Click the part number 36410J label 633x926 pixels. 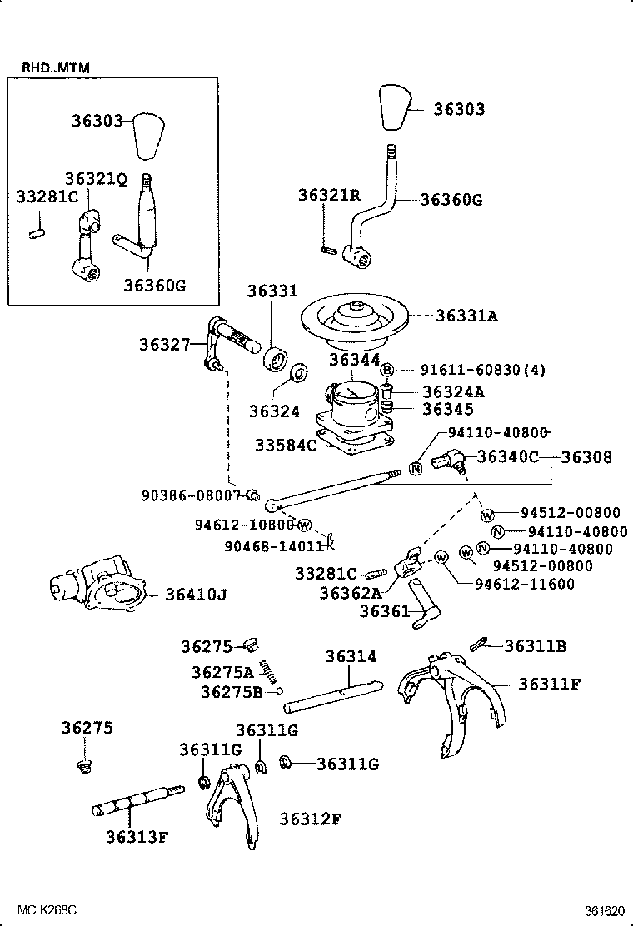pyautogui.click(x=196, y=595)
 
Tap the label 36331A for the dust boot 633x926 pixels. pyautogui.click(x=466, y=316)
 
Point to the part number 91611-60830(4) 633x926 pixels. pyautogui.click(x=471, y=371)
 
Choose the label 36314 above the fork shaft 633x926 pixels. pyautogui.click(x=351, y=656)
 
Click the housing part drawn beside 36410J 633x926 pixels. pyautogui.click(x=97, y=590)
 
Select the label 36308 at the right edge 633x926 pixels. pyautogui.click(x=586, y=457)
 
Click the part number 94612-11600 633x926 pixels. pyautogui.click(x=525, y=584)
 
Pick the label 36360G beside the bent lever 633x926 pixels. pyautogui.click(x=451, y=200)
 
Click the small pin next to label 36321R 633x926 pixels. pyautogui.click(x=326, y=247)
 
